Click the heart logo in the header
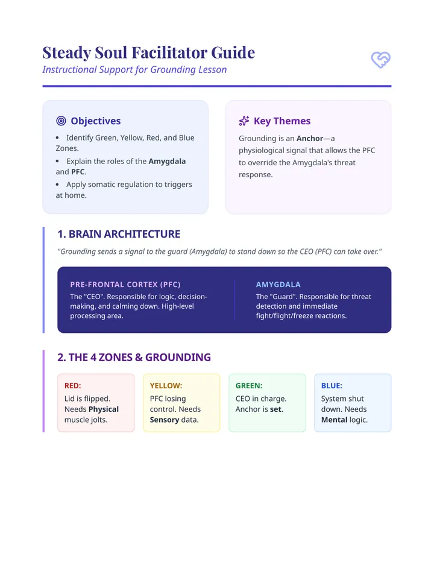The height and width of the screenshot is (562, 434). pyautogui.click(x=380, y=60)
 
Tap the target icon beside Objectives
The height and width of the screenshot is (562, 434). pyautogui.click(x=61, y=121)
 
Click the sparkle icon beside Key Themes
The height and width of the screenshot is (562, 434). pyautogui.click(x=244, y=121)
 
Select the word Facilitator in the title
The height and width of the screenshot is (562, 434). pyautogui.click(x=169, y=52)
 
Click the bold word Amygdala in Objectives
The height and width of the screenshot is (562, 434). pyautogui.click(x=167, y=161)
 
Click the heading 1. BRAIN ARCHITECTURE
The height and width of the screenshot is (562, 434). pyautogui.click(x=119, y=234)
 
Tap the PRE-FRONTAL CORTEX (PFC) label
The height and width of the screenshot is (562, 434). pyautogui.click(x=125, y=285)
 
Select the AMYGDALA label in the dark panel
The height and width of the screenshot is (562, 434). pyautogui.click(x=278, y=285)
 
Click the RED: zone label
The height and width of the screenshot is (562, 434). pyautogui.click(x=73, y=386)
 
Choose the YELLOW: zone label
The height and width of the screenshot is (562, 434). pyautogui.click(x=166, y=386)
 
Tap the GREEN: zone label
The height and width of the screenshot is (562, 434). pyautogui.click(x=249, y=386)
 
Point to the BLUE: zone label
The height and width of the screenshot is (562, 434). pyautogui.click(x=332, y=386)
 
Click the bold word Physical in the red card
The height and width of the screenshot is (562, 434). pyautogui.click(x=104, y=409)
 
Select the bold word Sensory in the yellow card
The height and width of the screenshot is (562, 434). pyautogui.click(x=165, y=420)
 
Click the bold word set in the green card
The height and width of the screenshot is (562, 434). pyautogui.click(x=275, y=409)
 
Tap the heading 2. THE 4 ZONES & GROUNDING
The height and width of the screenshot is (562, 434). pyautogui.click(x=134, y=358)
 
